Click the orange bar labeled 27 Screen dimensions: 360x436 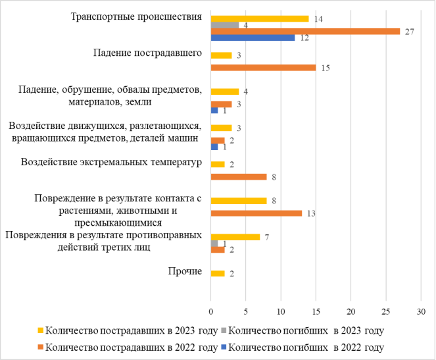[x=305, y=32]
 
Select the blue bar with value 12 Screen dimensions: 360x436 [x=253, y=38]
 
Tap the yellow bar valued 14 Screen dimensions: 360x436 [x=260, y=19]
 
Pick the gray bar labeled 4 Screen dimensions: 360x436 [x=225, y=25]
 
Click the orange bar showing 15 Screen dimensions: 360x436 [x=263, y=68]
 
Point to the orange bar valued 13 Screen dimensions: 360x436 [x=256, y=213]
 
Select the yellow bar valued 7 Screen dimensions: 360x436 [x=235, y=237]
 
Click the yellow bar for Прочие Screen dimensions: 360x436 [x=218, y=273]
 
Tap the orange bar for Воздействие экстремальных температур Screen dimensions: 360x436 [x=239, y=176]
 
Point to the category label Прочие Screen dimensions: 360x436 [x=185, y=271]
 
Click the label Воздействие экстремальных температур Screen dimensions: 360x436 [x=110, y=162]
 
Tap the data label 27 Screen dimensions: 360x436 [x=409, y=32]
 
